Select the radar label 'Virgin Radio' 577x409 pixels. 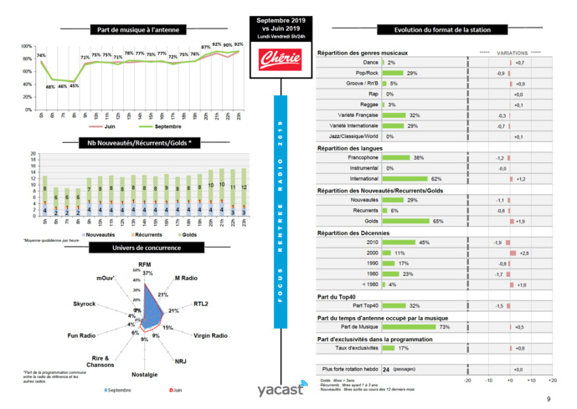click(210, 335)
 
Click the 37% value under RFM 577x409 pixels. click(148, 274)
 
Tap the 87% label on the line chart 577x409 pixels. click(205, 47)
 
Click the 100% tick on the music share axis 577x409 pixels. click(27, 47)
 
